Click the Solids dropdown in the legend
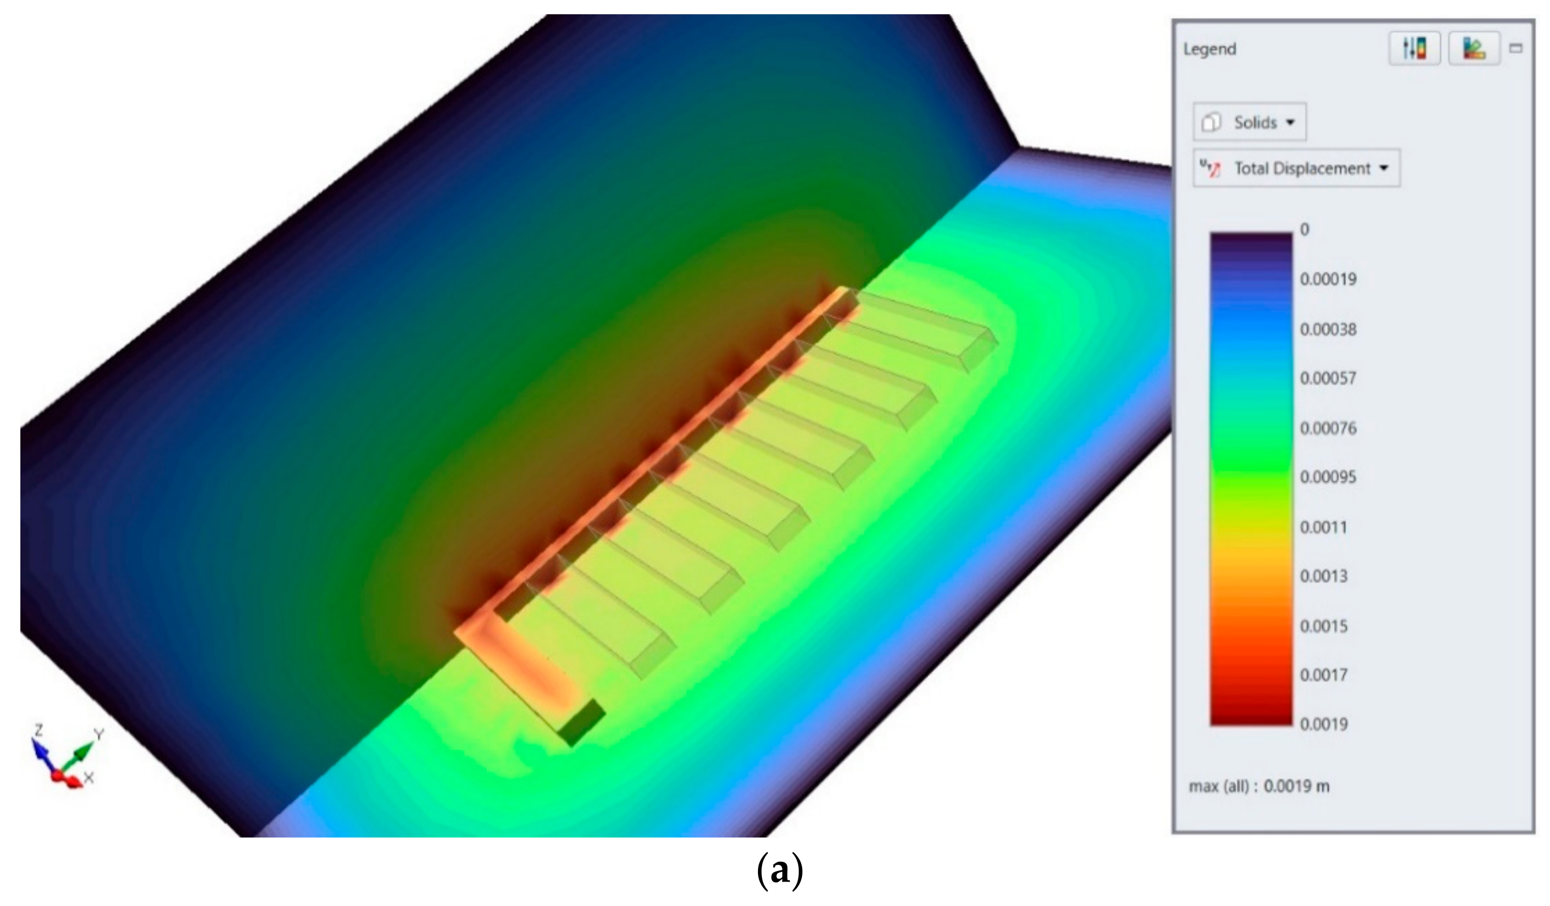[1249, 122]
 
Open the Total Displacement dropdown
[1297, 168]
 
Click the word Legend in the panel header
[1209, 49]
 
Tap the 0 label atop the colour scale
[1304, 230]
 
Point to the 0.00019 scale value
[1328, 280]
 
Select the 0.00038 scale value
[1328, 330]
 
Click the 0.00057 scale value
[1328, 378]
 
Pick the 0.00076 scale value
[1328, 428]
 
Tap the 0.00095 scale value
[1328, 477]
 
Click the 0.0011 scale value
[1323, 528]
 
